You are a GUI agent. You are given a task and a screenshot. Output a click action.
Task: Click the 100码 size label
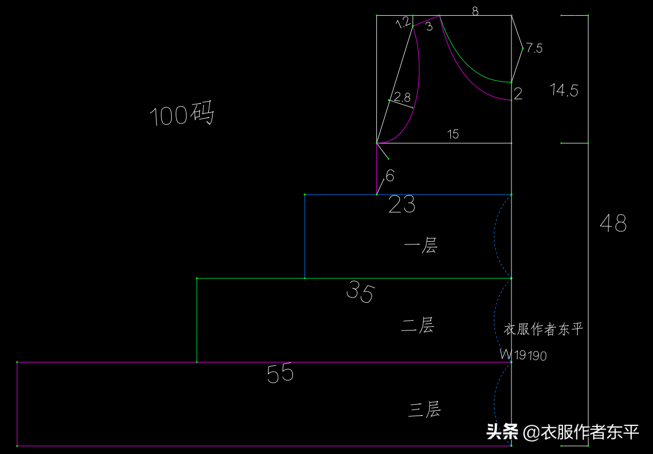pyautogui.click(x=182, y=114)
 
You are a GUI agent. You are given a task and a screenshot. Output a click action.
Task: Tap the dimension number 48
pyautogui.click(x=613, y=223)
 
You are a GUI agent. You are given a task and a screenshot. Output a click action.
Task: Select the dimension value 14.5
pyautogui.click(x=564, y=90)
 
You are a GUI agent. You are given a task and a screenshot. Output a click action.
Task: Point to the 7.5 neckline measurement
pyautogui.click(x=534, y=48)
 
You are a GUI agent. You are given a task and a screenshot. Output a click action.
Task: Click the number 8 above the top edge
pyautogui.click(x=475, y=11)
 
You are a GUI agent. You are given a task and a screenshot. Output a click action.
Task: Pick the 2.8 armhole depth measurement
pyautogui.click(x=402, y=97)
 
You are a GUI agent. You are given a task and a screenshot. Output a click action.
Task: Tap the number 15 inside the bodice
pyautogui.click(x=453, y=134)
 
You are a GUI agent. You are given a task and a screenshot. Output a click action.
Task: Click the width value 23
pyautogui.click(x=402, y=204)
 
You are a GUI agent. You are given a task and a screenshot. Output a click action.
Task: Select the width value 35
pyautogui.click(x=361, y=291)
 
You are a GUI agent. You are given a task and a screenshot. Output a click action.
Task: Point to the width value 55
pyautogui.click(x=280, y=373)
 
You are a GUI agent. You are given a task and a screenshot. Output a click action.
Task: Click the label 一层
pyautogui.click(x=421, y=245)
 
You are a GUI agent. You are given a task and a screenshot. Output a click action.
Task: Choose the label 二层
pyautogui.click(x=418, y=325)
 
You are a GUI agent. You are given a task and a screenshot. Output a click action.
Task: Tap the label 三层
pyautogui.click(x=425, y=409)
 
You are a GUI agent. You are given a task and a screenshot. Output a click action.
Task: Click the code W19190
pyautogui.click(x=523, y=355)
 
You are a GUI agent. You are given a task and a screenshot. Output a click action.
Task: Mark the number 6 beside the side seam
pyautogui.click(x=390, y=176)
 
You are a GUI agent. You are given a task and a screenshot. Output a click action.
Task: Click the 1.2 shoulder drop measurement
pyautogui.click(x=404, y=22)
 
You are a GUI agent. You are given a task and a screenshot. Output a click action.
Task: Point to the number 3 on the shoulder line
pyautogui.click(x=429, y=27)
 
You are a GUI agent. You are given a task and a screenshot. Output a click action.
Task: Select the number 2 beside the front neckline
pyautogui.click(x=518, y=94)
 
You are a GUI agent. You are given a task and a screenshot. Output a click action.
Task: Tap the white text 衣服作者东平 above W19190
pyautogui.click(x=543, y=329)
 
